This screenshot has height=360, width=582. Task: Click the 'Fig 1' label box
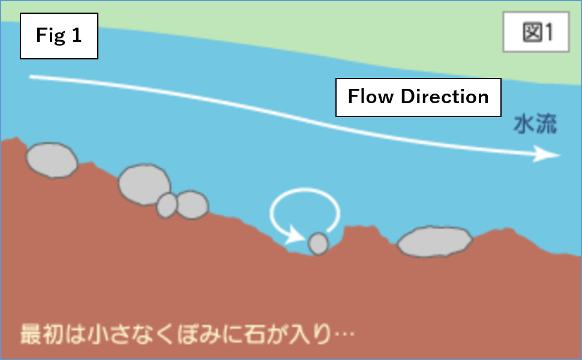[59, 36]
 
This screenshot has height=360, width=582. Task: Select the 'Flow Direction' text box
[418, 97]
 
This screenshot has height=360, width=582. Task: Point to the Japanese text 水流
[535, 125]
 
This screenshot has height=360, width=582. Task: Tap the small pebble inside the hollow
[318, 244]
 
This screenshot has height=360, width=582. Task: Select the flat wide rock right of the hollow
[435, 242]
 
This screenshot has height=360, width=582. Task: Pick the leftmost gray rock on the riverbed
[52, 160]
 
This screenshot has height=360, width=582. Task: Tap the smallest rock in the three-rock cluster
[167, 205]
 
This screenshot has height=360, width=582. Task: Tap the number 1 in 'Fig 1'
[76, 36]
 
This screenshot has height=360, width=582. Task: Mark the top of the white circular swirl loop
[305, 191]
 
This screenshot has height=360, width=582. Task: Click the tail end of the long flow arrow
[32, 77]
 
